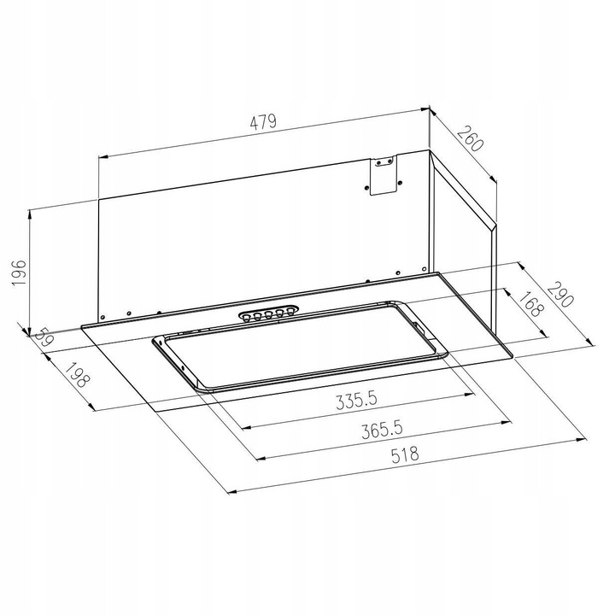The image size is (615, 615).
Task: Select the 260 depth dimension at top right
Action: [470, 138]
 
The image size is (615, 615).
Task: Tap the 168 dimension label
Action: [530, 306]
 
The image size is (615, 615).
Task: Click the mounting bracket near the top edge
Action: [381, 175]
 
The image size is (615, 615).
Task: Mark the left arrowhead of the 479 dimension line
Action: [102, 157]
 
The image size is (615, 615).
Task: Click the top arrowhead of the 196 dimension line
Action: [31, 210]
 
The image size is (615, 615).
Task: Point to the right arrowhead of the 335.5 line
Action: [471, 395]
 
